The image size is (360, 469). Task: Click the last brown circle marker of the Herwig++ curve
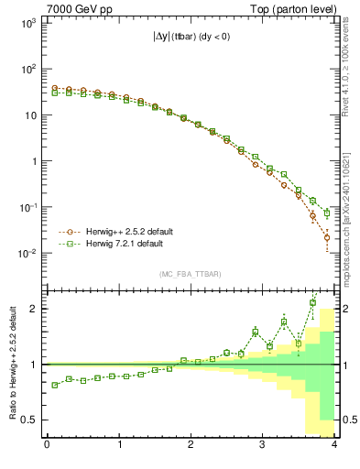click(x=327, y=237)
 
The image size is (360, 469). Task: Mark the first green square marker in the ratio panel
click(x=54, y=385)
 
